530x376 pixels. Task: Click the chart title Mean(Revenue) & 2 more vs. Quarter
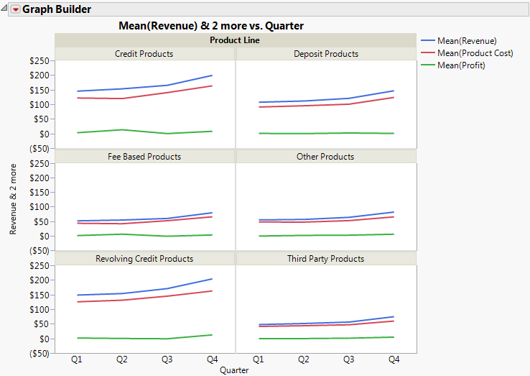[x=210, y=26]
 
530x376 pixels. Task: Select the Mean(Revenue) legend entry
[x=467, y=41]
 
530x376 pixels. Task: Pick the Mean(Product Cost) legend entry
[x=475, y=53]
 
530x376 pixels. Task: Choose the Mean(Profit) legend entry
[x=461, y=65]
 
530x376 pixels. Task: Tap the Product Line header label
[x=235, y=40]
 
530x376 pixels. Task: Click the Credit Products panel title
[x=144, y=54]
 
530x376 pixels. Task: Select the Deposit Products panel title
[x=326, y=54]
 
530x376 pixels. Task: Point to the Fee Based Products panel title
[x=144, y=156]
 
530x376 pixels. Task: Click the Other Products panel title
[x=325, y=156]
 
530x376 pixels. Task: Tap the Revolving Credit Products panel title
[x=144, y=259]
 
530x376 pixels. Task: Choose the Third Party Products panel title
[x=325, y=259]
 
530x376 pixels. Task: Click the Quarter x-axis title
[x=235, y=370]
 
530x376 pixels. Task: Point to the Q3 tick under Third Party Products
[x=348, y=359]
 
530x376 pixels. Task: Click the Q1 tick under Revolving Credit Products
[x=77, y=359]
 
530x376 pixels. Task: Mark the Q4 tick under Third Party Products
[x=394, y=359]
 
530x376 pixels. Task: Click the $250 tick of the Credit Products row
[x=39, y=60]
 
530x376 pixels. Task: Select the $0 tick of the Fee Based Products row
[x=45, y=236]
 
